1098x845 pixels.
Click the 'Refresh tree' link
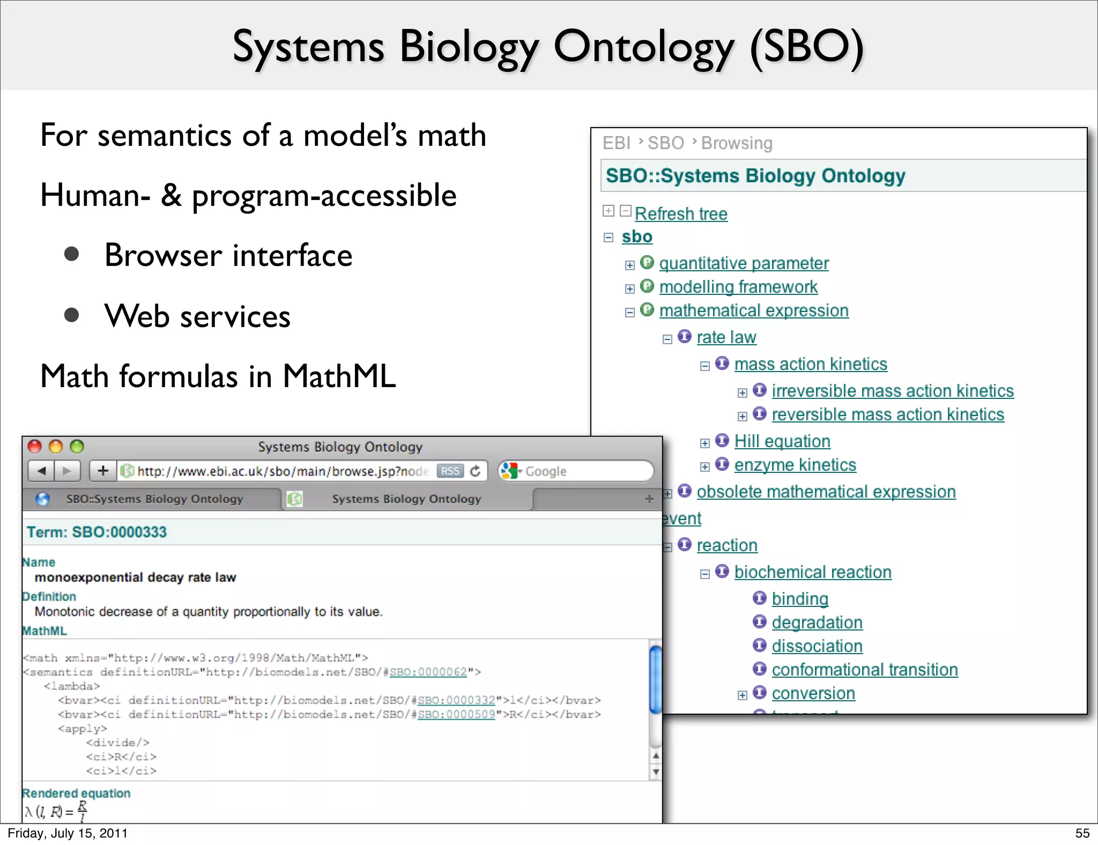[681, 214]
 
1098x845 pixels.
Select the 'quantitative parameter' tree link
[744, 263]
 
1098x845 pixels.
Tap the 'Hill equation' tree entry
[782, 441]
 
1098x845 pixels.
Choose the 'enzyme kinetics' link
[795, 465]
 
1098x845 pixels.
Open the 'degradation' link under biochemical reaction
[817, 622]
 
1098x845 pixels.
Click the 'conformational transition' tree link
[864, 670]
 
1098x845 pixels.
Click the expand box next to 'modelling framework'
[630, 289]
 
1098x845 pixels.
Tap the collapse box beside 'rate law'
[667, 339]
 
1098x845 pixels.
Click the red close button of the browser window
[35, 447]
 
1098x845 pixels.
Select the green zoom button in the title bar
[77, 447]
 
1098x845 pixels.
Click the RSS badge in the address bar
[450, 471]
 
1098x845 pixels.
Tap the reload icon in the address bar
[475, 471]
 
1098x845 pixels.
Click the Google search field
[584, 471]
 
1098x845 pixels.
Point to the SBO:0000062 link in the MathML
[428, 672]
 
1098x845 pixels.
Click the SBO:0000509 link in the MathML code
[456, 714]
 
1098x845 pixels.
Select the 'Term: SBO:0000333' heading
[97, 532]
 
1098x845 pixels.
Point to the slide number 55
[1082, 833]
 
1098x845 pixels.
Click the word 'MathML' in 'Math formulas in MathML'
[339, 376]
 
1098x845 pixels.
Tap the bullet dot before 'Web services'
[72, 315]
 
